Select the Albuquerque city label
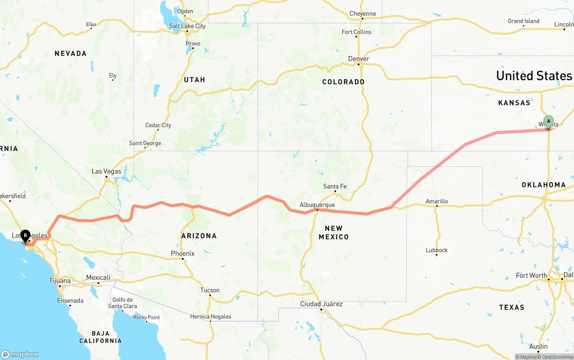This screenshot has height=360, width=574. point(317,205)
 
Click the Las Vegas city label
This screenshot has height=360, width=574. point(106,171)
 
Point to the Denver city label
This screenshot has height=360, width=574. point(358,59)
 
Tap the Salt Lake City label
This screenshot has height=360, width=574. point(187,26)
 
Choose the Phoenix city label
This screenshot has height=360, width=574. point(183,253)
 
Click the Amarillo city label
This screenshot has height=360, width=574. point(436,201)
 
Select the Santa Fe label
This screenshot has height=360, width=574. point(335,187)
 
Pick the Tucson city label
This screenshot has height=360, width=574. point(209,290)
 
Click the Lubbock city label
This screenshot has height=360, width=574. point(436,250)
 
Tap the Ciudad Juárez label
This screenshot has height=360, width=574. point(321,304)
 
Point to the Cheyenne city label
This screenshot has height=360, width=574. point(362,13)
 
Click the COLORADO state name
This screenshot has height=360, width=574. point(343,82)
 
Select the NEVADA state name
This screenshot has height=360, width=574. point(70,54)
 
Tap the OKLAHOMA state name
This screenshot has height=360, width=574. point(544,185)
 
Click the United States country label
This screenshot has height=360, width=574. point(534,76)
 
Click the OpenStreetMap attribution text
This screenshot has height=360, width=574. point(556,357)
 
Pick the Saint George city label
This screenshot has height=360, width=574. point(145,143)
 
